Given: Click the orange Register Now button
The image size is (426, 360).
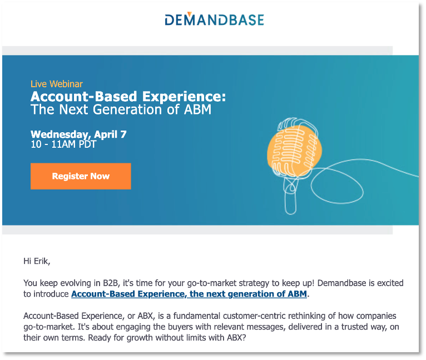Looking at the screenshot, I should [81, 176].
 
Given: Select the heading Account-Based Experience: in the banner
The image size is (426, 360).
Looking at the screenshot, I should [128, 96].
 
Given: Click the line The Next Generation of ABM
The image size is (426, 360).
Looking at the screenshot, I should [121, 109].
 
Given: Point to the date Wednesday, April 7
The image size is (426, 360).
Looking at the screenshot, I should [78, 134].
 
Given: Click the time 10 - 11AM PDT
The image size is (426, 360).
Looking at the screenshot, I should [63, 144].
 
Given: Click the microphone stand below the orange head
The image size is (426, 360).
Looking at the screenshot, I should [291, 192].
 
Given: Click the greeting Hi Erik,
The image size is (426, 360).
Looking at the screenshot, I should [40, 260].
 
